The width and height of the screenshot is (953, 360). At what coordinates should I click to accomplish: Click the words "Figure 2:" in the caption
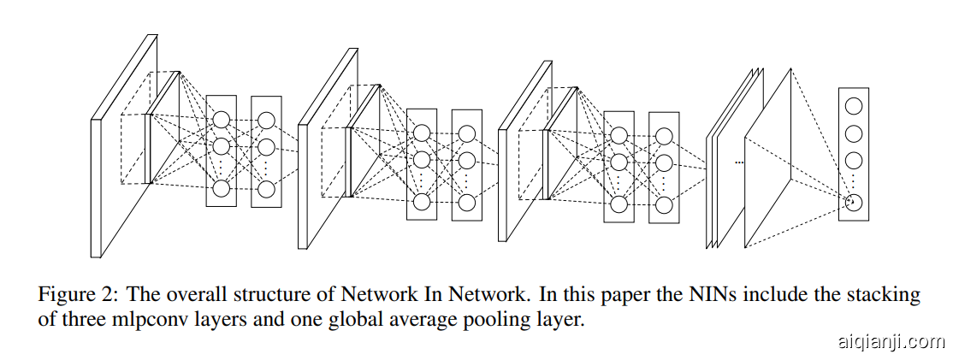point(75,296)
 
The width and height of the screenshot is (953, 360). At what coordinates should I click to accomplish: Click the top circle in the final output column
point(853,106)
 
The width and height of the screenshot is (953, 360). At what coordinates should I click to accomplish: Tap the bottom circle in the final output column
point(853,203)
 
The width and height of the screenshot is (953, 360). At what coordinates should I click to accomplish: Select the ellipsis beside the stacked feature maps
point(740,161)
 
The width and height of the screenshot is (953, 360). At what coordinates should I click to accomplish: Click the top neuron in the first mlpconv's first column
point(222,120)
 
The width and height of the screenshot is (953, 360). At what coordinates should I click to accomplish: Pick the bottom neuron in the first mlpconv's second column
point(266,189)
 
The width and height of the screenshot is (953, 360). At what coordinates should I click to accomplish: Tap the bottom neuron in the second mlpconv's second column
point(466,203)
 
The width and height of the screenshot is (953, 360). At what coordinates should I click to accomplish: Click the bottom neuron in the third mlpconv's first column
point(619,204)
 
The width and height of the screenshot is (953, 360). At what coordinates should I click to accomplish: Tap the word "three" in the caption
point(94,322)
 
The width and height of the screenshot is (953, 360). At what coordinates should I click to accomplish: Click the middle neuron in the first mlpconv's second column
point(266,145)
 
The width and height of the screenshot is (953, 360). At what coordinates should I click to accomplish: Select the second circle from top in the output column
point(853,133)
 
